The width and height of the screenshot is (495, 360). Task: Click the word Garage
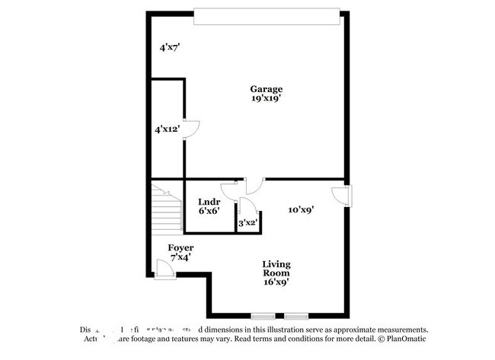(x=267, y=88)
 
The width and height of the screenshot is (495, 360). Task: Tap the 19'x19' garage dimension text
(x=267, y=98)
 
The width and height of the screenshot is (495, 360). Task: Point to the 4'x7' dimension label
(x=169, y=47)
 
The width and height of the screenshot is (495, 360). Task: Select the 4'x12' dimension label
(x=166, y=129)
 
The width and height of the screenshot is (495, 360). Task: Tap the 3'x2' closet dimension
(x=248, y=223)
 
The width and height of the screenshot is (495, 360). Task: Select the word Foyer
(x=180, y=247)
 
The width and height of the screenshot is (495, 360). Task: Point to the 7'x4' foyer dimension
(x=180, y=257)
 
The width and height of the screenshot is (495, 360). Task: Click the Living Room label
(x=276, y=269)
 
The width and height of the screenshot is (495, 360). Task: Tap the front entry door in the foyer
(x=163, y=269)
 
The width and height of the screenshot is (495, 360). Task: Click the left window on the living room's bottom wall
(x=263, y=315)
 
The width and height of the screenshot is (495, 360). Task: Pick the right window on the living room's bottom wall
(x=297, y=315)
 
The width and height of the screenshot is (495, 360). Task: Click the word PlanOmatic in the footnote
(x=407, y=339)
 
